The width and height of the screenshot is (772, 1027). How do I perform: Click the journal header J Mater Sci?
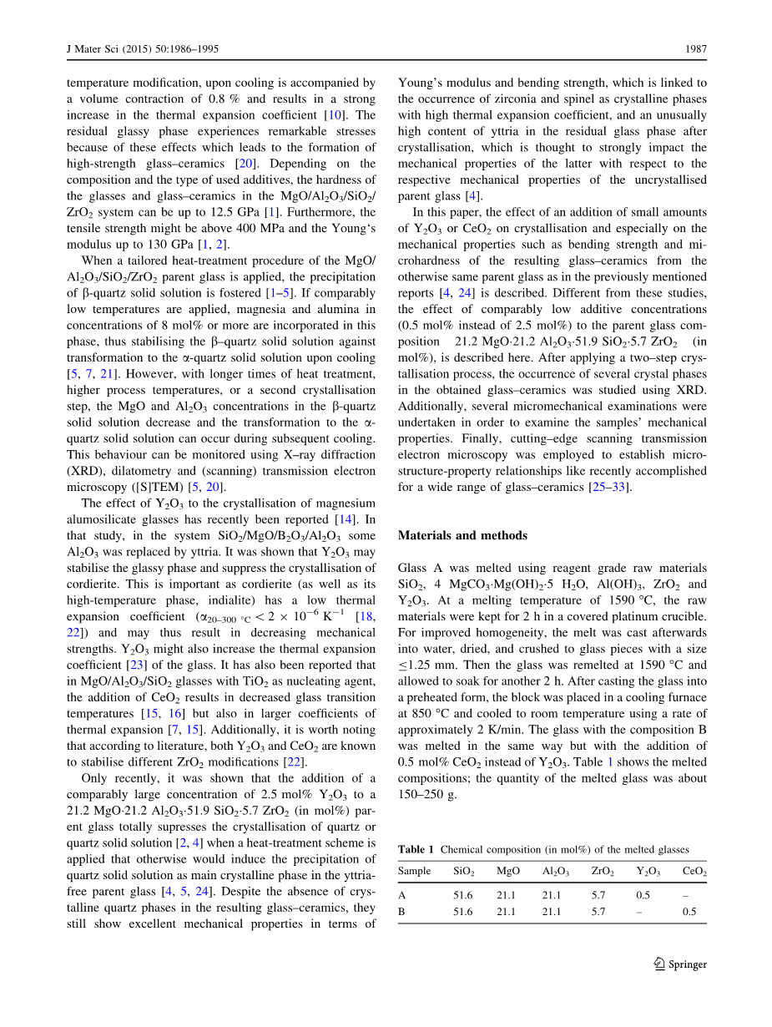click(94, 49)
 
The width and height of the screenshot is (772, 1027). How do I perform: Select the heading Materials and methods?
click(462, 535)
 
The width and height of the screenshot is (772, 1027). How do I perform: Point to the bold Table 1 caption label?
click(416, 850)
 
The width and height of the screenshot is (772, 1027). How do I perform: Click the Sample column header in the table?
click(414, 871)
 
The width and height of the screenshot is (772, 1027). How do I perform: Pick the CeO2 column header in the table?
click(694, 872)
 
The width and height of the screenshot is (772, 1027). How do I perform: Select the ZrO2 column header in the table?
click(603, 872)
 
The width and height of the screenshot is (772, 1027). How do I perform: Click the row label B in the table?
click(401, 912)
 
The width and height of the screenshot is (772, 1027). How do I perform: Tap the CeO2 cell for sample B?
click(689, 912)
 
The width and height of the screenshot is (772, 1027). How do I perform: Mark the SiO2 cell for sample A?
click(462, 895)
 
